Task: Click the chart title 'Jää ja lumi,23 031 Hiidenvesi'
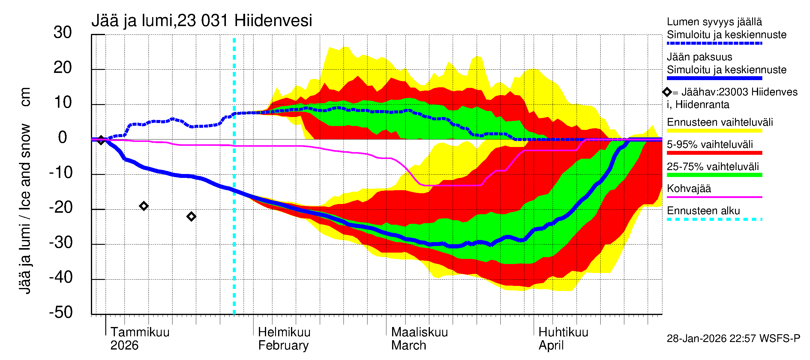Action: (202, 21)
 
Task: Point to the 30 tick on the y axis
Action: (63, 33)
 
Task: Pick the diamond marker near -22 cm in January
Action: (191, 217)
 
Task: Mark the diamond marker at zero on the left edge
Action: (100, 140)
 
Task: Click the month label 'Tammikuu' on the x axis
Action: (140, 332)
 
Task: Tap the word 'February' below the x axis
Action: (283, 346)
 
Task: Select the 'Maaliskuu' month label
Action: (419, 332)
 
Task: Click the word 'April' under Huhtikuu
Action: (551, 346)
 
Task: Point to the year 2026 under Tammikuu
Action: (124, 346)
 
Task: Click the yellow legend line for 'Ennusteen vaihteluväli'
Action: (714, 131)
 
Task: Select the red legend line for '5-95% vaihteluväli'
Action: (714, 153)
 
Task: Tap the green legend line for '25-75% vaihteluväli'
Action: (714, 175)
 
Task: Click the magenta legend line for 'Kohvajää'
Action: (714, 197)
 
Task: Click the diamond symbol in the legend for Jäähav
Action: (667, 92)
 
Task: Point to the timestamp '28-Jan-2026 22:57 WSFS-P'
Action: (733, 339)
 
